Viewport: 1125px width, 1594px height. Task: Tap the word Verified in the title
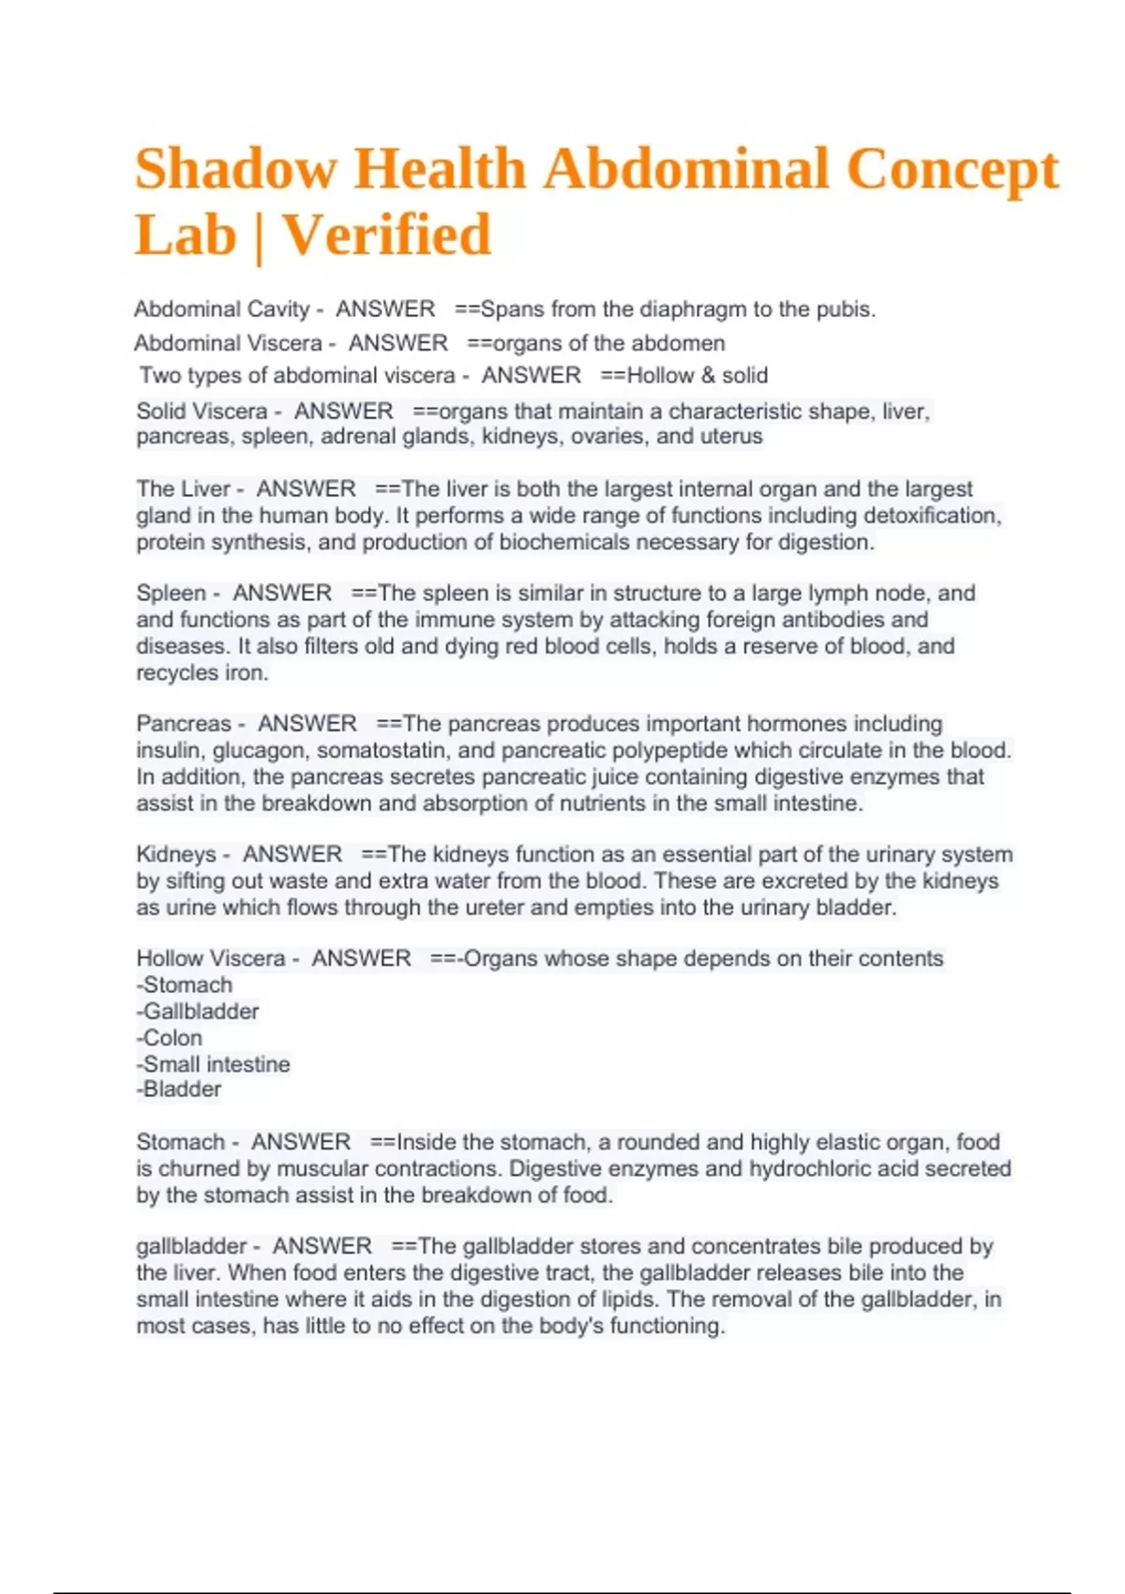[387, 234]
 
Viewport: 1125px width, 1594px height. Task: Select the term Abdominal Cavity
[221, 309]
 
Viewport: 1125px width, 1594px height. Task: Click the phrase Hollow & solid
[697, 376]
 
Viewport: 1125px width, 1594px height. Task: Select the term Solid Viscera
[202, 412]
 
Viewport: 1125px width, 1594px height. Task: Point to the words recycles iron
[202, 673]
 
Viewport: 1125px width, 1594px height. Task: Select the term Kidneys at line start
[175, 855]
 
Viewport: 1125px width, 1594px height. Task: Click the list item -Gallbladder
[198, 1012]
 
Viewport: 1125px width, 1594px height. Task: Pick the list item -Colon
[170, 1038]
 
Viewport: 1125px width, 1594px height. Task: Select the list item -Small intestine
[214, 1064]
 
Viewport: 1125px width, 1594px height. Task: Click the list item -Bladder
[179, 1090]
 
